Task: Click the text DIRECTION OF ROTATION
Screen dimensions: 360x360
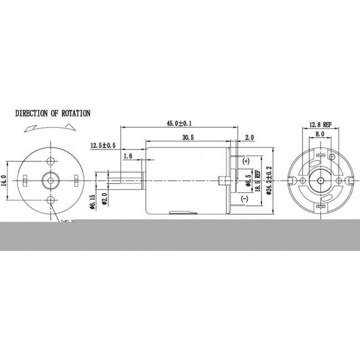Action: [53, 114]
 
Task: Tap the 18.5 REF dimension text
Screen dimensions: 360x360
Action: [258, 181]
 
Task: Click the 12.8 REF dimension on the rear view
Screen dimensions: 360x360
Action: [319, 125]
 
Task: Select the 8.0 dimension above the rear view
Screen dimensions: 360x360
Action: [320, 134]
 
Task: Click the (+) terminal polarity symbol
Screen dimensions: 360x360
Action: [245, 160]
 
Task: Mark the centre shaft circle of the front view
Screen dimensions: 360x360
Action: [52, 180]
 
